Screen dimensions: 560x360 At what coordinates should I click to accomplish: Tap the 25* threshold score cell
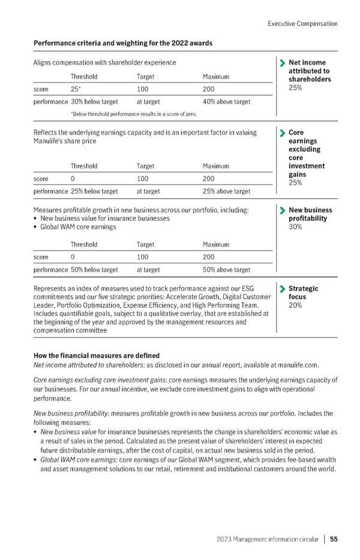click(75, 89)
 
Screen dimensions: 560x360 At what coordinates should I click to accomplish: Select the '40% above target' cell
click(226, 101)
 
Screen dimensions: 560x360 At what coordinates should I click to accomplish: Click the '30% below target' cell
click(94, 101)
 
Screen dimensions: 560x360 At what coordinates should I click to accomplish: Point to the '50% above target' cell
click(226, 270)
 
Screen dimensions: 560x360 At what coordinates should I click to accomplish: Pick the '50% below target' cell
click(94, 270)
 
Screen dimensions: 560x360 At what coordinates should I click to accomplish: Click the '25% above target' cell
click(226, 191)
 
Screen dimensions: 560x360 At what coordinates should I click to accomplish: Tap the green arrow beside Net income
click(281, 62)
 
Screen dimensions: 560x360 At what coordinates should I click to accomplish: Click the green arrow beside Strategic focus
click(281, 289)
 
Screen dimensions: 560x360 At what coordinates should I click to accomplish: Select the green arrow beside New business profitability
click(281, 210)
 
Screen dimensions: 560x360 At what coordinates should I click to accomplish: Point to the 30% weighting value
click(295, 227)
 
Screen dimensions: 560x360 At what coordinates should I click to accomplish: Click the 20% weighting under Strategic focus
click(295, 305)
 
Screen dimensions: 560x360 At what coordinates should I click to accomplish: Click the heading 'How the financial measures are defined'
click(96, 355)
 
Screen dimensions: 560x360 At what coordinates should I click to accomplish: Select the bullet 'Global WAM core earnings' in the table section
click(78, 227)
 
